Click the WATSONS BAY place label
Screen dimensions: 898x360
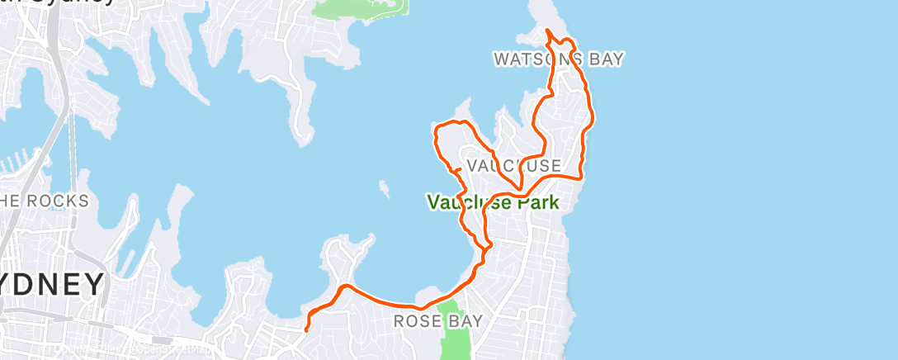558,59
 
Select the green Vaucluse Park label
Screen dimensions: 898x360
493,201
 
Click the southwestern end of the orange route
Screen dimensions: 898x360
306,329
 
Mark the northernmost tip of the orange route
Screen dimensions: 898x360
546,31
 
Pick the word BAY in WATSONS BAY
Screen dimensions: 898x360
606,59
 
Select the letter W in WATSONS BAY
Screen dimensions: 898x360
501,59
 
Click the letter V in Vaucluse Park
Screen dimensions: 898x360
432,201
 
